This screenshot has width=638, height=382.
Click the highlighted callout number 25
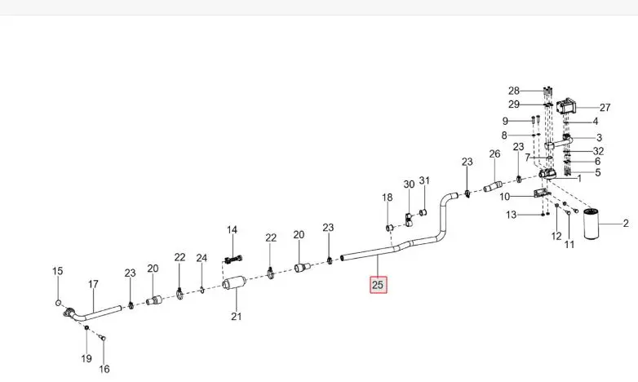pyautogui.click(x=378, y=285)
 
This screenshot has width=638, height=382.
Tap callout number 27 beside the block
pyautogui.click(x=605, y=108)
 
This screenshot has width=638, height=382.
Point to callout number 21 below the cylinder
pyautogui.click(x=237, y=316)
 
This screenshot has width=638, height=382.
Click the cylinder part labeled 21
pyautogui.click(x=234, y=283)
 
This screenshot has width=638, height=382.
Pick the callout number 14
pyautogui.click(x=232, y=229)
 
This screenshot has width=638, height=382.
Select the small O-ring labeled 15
pyautogui.click(x=58, y=303)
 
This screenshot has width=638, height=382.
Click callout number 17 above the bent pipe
pyautogui.click(x=93, y=284)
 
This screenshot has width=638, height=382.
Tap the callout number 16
pyautogui.click(x=104, y=369)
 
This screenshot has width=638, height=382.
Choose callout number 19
pyautogui.click(x=86, y=358)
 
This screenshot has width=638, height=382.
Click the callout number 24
pyautogui.click(x=202, y=258)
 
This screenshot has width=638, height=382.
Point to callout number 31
pyautogui.click(x=424, y=180)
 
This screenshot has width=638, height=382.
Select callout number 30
pyautogui.click(x=409, y=184)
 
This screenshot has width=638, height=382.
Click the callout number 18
pyautogui.click(x=388, y=198)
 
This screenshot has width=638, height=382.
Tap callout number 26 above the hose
pyautogui.click(x=494, y=154)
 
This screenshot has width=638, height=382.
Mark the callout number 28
pyautogui.click(x=514, y=91)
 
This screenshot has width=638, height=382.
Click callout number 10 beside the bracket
pyautogui.click(x=504, y=197)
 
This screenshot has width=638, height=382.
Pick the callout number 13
pyautogui.click(x=511, y=215)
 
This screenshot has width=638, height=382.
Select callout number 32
pyautogui.click(x=599, y=151)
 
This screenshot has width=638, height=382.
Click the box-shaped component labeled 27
pyautogui.click(x=566, y=107)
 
